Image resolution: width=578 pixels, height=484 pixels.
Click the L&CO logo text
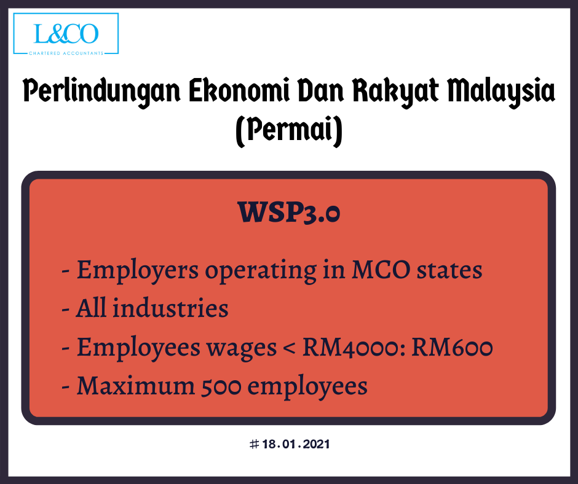(x=66, y=34)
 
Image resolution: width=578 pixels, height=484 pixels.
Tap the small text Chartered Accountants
(x=66, y=53)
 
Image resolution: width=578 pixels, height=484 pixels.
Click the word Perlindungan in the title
(x=101, y=91)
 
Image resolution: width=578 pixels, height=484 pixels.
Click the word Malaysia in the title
(x=501, y=91)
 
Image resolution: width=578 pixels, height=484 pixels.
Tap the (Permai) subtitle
(x=289, y=131)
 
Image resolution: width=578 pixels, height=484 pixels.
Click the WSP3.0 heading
(x=288, y=212)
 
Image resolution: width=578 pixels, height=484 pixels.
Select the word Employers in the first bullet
(x=137, y=271)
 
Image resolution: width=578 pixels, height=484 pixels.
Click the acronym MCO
(x=381, y=270)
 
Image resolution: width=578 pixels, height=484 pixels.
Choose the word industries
(x=170, y=308)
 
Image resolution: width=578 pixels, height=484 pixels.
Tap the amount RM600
(x=452, y=348)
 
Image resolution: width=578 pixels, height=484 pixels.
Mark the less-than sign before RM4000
(x=290, y=348)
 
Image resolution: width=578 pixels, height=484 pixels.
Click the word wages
(x=242, y=349)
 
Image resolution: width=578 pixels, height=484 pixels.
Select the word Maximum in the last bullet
(x=135, y=386)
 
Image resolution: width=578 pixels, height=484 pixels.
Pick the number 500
(x=221, y=386)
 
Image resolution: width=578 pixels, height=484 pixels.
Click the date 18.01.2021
(x=296, y=444)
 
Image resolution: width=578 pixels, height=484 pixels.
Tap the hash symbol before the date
(x=254, y=444)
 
